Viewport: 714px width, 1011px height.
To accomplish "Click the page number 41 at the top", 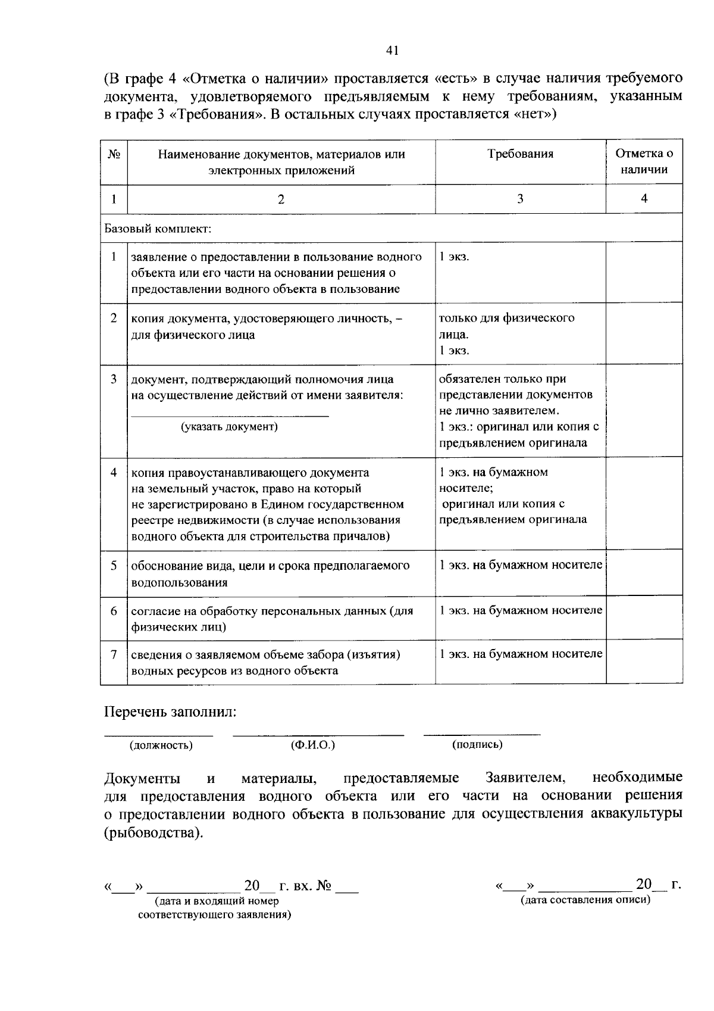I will [x=392, y=51].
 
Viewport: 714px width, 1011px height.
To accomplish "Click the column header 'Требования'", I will [x=520, y=154].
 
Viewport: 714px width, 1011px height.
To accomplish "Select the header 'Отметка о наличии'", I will [x=644, y=161].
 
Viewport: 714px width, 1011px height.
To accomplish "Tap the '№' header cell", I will [x=114, y=154].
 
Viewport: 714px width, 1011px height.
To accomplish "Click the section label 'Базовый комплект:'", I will [x=158, y=228].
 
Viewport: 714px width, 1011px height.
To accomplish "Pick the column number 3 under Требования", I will [x=520, y=199].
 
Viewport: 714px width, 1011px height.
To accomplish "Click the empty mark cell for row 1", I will [x=644, y=272].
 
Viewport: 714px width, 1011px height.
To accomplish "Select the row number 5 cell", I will [x=114, y=565].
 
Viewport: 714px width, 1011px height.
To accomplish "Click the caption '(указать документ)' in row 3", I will [x=229, y=427].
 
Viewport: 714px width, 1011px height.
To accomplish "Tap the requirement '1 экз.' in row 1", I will [x=454, y=257].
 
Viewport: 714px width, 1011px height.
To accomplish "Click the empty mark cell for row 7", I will [x=644, y=661].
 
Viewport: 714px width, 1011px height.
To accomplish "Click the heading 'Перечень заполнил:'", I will [x=170, y=712].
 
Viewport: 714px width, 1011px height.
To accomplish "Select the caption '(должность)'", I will [x=161, y=745].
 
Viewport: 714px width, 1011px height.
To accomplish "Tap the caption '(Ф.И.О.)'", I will [x=312, y=745].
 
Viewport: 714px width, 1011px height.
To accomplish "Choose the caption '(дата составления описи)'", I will [x=585, y=900].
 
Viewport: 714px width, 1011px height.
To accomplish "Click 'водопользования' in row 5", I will [x=179, y=582].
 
